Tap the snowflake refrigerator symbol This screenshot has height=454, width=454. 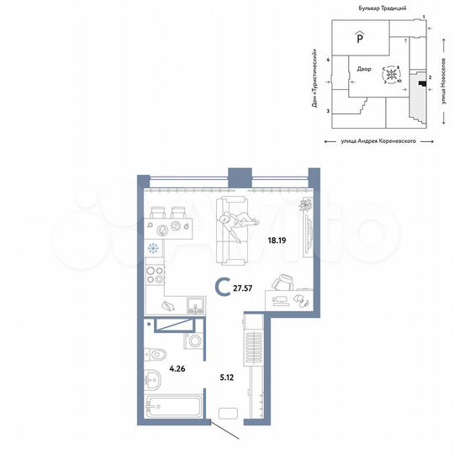click(154, 248)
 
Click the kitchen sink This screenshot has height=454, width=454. click(193, 304)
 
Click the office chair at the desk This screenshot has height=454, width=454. click(286, 284)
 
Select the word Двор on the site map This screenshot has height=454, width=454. click(363, 70)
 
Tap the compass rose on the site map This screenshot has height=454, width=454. click(392, 76)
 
